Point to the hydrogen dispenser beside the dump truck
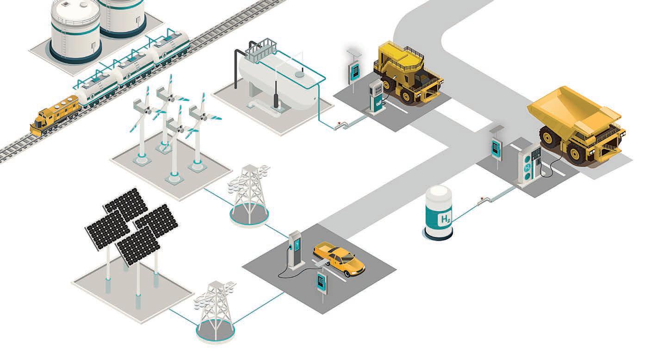[529, 164]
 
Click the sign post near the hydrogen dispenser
[497, 148]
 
